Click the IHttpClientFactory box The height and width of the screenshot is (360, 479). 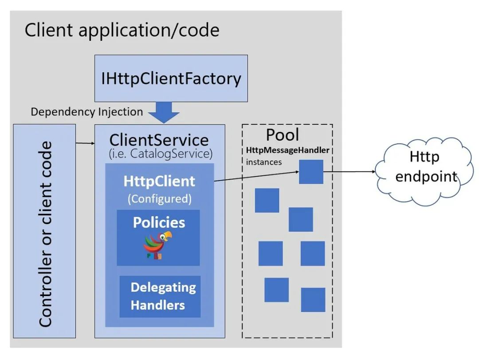pos(171,78)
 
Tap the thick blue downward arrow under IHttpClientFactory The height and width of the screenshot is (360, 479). pos(164,113)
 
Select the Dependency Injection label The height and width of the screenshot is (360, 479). pos(86,111)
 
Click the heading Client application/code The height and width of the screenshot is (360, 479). pos(122,30)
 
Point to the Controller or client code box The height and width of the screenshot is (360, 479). pos(44,231)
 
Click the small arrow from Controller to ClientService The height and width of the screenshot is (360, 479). pos(85,143)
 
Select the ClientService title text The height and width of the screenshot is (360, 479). pos(159,140)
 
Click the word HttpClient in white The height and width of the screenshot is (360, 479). pos(159,181)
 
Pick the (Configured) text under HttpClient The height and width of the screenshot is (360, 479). pos(159,199)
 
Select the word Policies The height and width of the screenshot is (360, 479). pos(159,222)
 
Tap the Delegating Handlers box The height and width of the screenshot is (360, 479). pos(160,296)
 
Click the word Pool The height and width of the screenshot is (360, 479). pos(283,135)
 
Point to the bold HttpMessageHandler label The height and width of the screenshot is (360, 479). pos(287,150)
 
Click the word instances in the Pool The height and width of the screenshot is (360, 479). pos(264,162)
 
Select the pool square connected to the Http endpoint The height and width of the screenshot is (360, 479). pos(311,172)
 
